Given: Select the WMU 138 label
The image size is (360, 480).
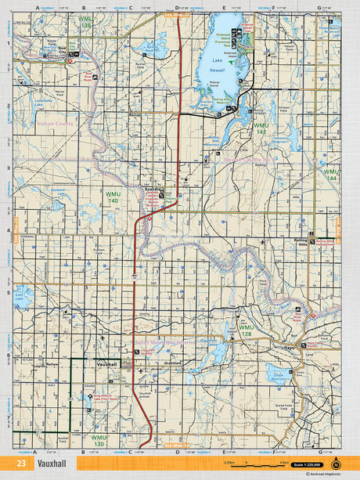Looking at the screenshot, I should coord(85,23).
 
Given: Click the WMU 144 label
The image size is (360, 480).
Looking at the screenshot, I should coord(331,175).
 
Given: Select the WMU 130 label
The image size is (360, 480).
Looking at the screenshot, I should coord(98,440).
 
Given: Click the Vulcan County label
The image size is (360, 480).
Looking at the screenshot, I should coord(54,125).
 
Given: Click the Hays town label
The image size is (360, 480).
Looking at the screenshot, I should coord(288,345).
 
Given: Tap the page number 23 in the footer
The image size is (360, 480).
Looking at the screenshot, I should coord(21,464).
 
